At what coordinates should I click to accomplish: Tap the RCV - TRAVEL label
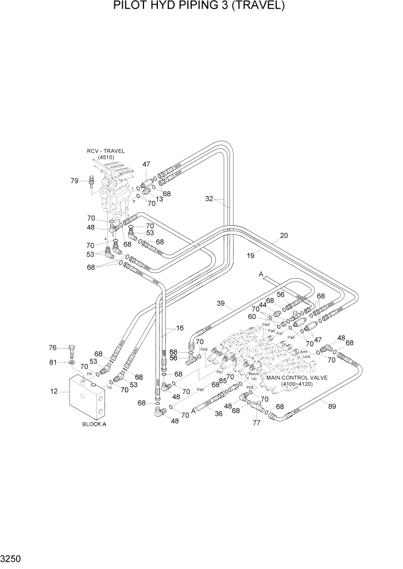point(106,151)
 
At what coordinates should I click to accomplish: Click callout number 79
point(75,181)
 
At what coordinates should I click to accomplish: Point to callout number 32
point(210,199)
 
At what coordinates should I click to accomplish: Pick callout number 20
point(284,235)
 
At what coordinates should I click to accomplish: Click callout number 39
point(220,303)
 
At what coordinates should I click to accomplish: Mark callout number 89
point(331,407)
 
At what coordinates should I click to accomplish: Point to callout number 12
point(55,392)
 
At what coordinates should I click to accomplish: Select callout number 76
point(53,348)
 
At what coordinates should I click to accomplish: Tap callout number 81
point(53,362)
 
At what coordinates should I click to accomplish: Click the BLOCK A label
point(94,424)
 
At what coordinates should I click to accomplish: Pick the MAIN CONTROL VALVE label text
point(296,378)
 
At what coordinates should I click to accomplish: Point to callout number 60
point(268,317)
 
